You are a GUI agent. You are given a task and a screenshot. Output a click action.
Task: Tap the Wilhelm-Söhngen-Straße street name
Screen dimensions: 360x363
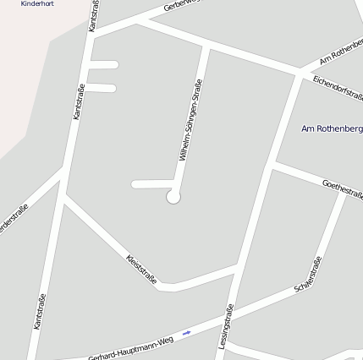tap(190, 120)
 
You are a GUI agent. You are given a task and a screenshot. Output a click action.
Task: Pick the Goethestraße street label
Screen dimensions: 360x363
tap(343, 188)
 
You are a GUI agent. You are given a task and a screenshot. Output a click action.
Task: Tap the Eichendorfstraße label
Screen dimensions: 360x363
tap(337, 85)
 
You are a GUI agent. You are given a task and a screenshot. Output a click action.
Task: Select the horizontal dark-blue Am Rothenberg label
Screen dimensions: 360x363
tap(332, 128)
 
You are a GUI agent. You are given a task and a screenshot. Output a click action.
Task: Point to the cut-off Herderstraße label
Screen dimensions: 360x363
tap(13, 220)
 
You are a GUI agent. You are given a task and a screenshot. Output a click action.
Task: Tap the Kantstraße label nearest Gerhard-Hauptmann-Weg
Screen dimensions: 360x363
tap(39, 310)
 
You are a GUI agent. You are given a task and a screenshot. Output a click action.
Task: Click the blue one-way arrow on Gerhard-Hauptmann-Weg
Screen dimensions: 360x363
tap(187, 333)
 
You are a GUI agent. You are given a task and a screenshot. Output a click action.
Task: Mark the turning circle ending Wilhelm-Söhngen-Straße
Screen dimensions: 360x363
tap(173, 197)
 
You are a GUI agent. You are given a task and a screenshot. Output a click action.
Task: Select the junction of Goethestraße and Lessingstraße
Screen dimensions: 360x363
tap(272, 164)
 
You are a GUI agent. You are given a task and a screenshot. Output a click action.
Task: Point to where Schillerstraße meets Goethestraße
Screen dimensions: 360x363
tap(345, 194)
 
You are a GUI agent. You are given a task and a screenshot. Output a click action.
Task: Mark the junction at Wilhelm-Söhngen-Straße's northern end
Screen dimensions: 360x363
tap(206, 46)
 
